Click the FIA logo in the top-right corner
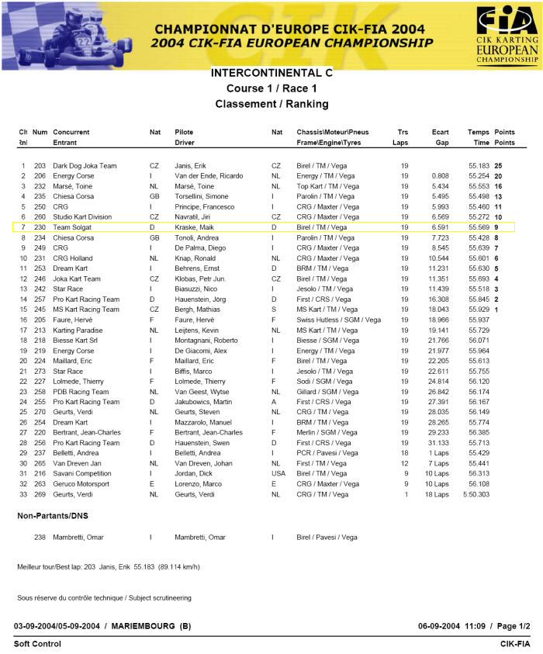[507, 34]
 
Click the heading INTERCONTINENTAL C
[271, 72]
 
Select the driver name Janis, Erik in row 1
[191, 166]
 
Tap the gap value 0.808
[440, 176]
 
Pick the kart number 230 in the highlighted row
[40, 227]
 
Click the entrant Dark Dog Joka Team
[85, 166]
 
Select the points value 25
[499, 166]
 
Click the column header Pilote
[185, 133]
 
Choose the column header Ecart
[440, 133]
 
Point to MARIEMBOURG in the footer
[146, 626]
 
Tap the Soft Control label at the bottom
[37, 644]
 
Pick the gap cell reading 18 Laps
[436, 494]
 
